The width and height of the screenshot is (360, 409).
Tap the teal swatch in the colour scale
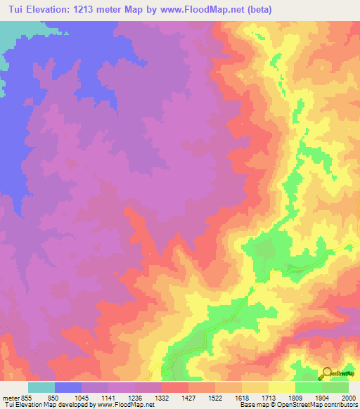pyautogui.click(x=41, y=387)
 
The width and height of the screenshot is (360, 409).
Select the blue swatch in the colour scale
pyautogui.click(x=68, y=387)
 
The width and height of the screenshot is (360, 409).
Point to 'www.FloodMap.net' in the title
pyautogui.click(x=209, y=10)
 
